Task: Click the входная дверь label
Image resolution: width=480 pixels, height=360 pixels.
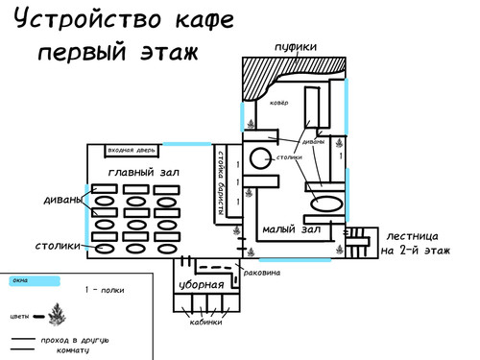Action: coord(132,151)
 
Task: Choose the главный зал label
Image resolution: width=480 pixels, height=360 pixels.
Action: coord(145,172)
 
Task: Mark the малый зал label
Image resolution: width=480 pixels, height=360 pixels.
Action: coord(290,229)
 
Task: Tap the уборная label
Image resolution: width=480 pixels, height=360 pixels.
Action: coord(202,285)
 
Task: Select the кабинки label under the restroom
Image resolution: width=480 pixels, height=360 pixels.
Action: coord(204,323)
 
